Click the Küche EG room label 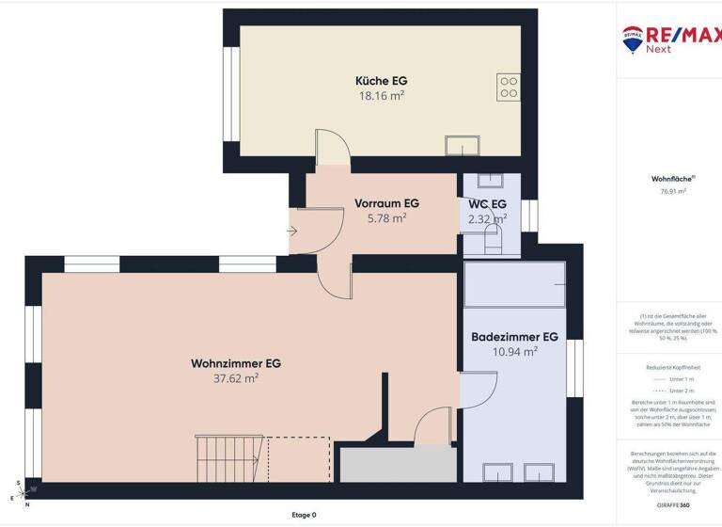pos(381,81)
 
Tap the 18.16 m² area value pos(381,96)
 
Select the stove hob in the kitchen pos(509,87)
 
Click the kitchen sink pos(463,145)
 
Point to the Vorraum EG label pos(386,203)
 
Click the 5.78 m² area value pos(386,218)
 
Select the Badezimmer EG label pos(514,336)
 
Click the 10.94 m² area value pos(514,351)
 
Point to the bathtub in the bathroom pos(514,283)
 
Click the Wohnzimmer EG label pos(236,362)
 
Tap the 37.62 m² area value pos(236,378)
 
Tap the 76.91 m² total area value pos(673,191)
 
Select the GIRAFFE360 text pos(673,505)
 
